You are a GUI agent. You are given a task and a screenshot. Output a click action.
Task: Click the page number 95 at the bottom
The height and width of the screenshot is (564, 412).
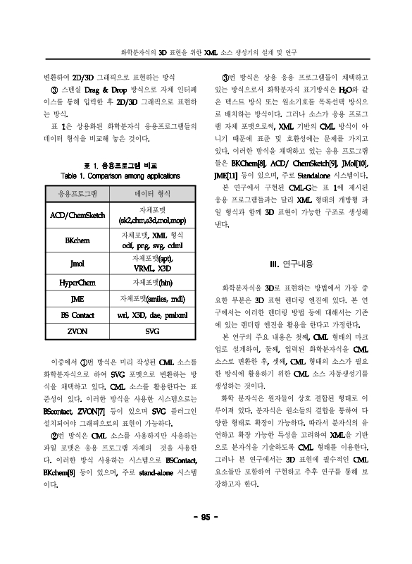point(206,517)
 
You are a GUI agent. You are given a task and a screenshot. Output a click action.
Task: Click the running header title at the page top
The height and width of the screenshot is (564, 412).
point(208,52)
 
